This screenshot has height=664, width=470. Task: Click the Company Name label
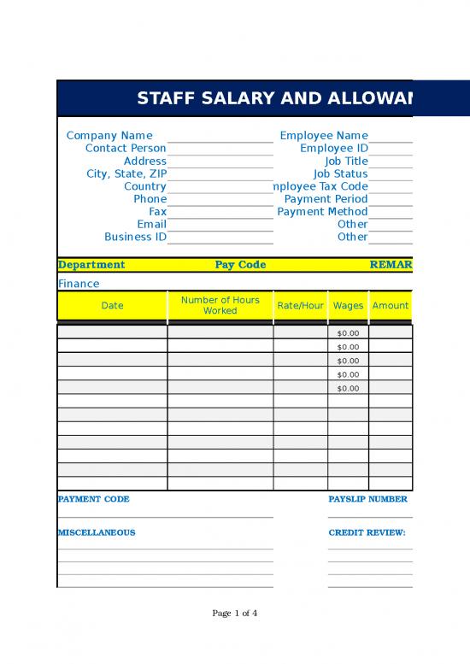point(109,135)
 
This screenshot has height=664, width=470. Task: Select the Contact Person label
point(126,148)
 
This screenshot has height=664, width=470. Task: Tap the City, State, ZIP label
point(126,173)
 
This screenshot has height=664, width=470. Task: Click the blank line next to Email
point(220,225)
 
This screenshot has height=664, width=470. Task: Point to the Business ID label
point(135,237)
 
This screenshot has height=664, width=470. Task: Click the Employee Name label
point(324,135)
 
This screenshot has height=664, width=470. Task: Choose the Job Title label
point(346,161)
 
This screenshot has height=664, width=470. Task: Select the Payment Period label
point(326,199)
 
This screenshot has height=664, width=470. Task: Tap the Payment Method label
point(322,211)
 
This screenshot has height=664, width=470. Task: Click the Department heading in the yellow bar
point(91,265)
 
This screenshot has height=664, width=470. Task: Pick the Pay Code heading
point(240,265)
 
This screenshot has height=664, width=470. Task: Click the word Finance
point(79,284)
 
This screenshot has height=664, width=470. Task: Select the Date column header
point(112,306)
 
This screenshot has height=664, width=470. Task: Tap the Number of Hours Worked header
point(220,305)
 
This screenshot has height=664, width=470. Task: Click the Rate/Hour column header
point(300,306)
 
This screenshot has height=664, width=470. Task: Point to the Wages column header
point(348,306)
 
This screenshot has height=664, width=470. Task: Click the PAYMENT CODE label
point(93,499)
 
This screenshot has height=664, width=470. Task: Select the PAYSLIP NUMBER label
point(367,499)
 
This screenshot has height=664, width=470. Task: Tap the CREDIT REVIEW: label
point(367,532)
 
